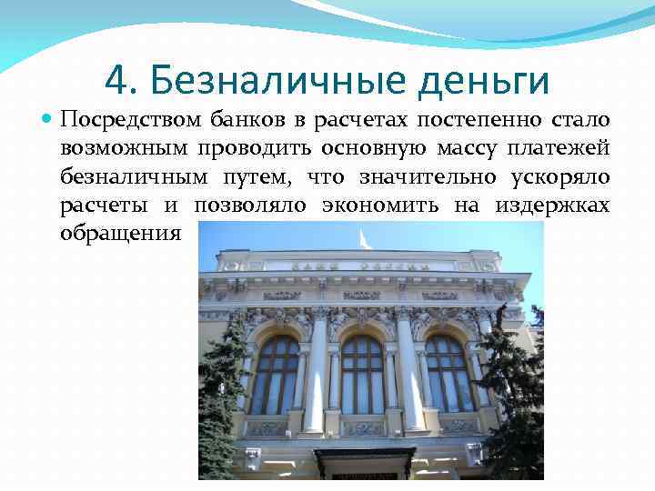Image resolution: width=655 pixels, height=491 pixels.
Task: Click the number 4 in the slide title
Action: click(116, 80)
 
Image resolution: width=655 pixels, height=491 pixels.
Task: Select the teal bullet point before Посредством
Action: click(46, 119)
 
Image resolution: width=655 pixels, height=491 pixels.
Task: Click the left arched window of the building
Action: click(274, 375)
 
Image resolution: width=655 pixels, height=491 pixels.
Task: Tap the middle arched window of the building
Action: click(362, 375)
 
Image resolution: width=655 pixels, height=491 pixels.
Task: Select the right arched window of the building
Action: click(448, 375)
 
